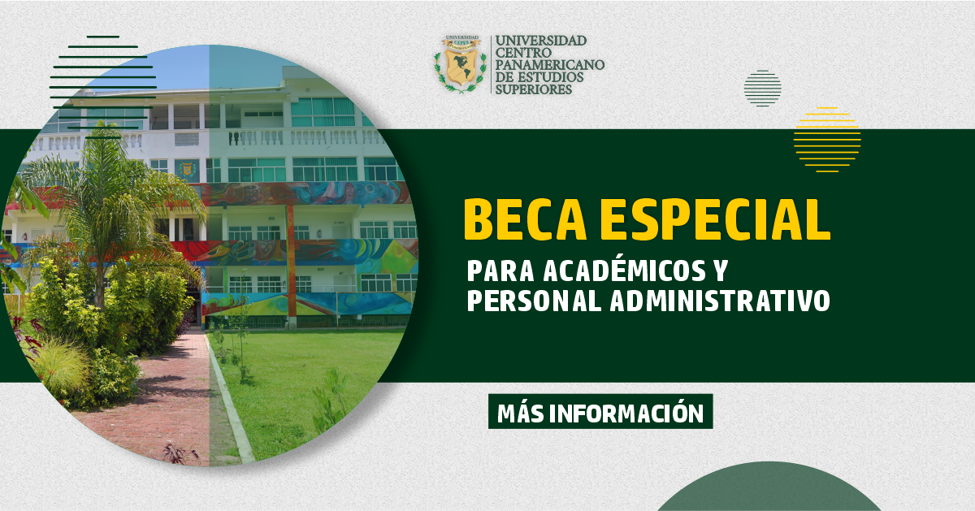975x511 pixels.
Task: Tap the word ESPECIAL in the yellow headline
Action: click(x=715, y=219)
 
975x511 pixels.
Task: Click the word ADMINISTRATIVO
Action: click(x=720, y=301)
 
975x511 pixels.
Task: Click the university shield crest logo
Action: click(x=460, y=64)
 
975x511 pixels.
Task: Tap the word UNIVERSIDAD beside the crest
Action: click(x=541, y=41)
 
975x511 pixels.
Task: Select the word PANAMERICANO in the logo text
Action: click(x=550, y=65)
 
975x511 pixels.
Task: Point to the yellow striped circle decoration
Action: click(x=827, y=139)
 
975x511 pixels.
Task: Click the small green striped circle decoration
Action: click(x=763, y=89)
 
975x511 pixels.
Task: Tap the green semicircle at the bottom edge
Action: click(x=769, y=487)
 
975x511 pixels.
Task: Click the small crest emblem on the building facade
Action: click(x=188, y=169)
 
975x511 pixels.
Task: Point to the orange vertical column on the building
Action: click(x=291, y=261)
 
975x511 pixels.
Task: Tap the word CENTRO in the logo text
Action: click(x=523, y=53)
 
